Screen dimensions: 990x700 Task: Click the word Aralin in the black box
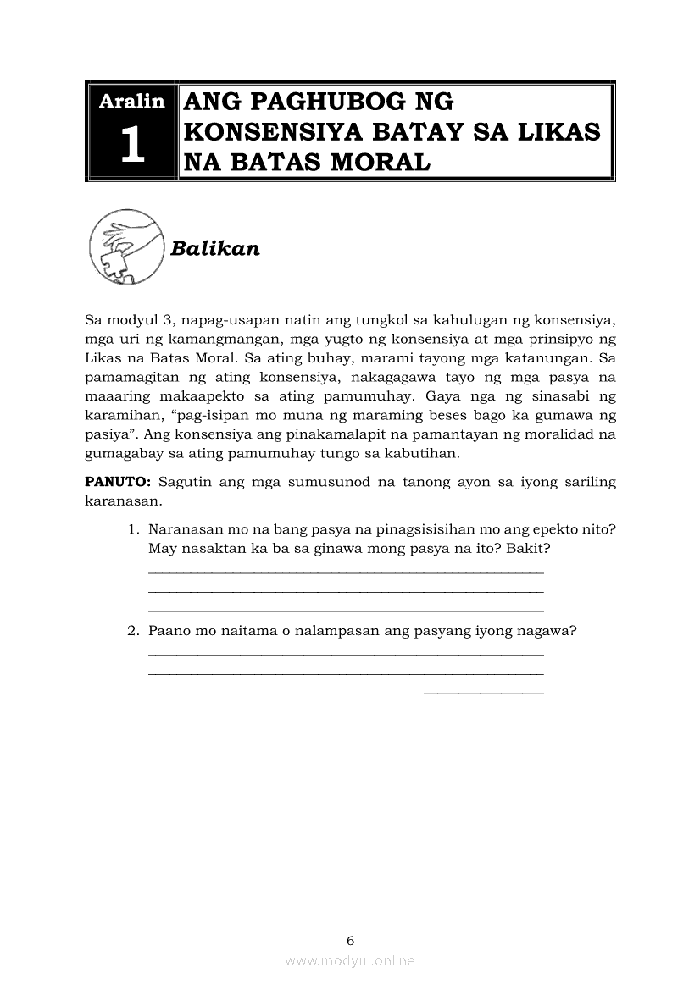pyautogui.click(x=131, y=102)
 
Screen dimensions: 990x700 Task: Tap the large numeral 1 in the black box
pyautogui.click(x=131, y=147)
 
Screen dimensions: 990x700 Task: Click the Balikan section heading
pyautogui.click(x=214, y=248)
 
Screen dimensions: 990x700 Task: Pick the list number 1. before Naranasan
pyautogui.click(x=134, y=530)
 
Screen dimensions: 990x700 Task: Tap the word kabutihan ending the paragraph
pyautogui.click(x=421, y=453)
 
